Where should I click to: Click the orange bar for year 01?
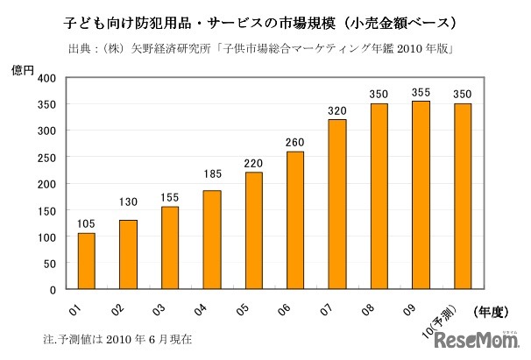[86, 261]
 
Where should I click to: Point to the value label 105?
[86, 222]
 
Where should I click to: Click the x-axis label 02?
[118, 308]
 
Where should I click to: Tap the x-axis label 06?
[287, 308]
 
